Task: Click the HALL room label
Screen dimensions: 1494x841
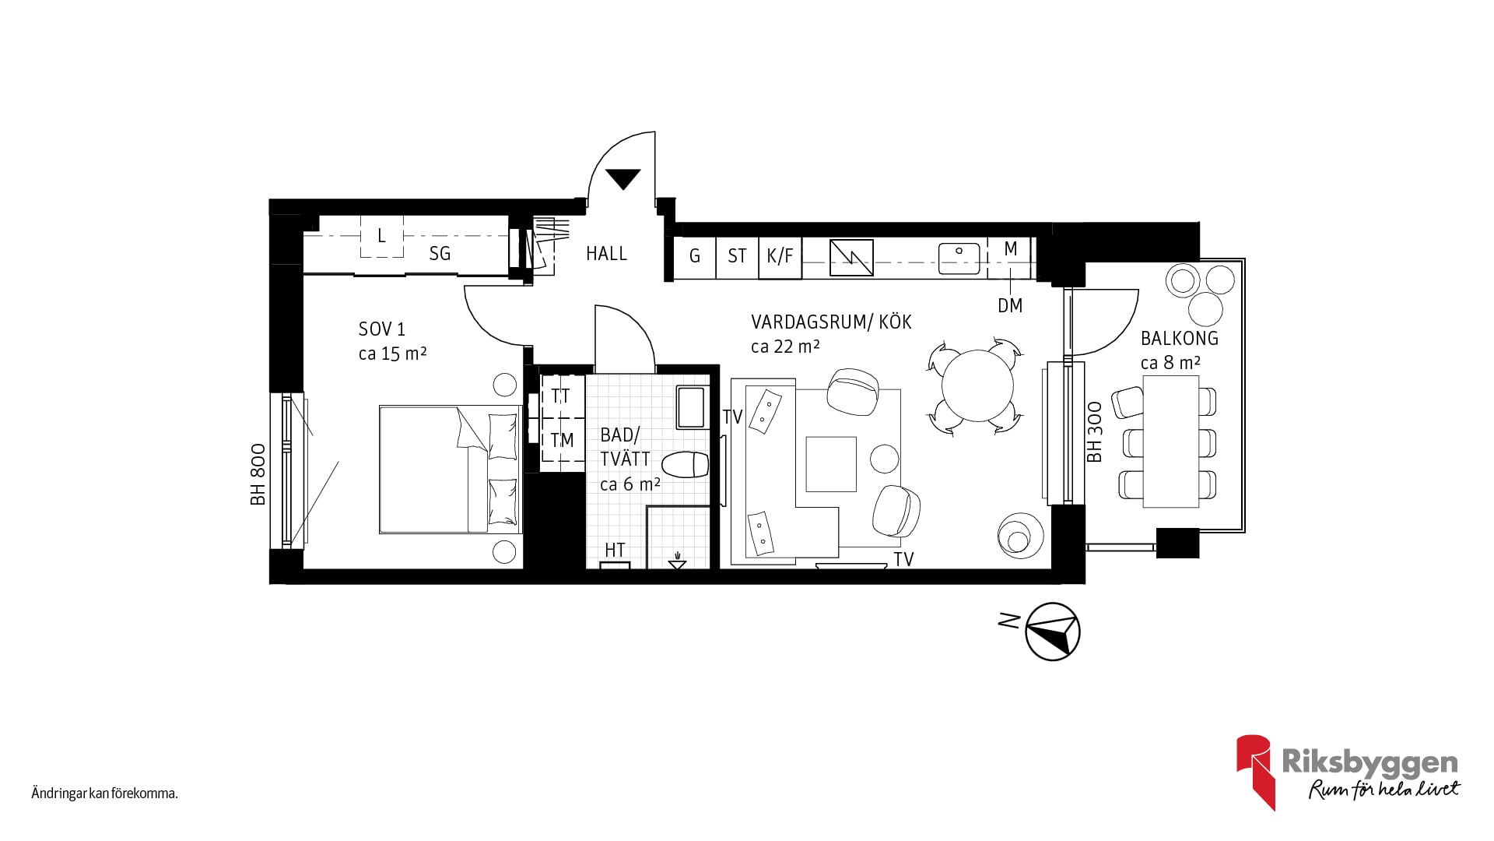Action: tap(606, 254)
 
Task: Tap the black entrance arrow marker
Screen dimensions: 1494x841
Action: tap(623, 179)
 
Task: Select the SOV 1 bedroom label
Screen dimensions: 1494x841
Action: tap(382, 329)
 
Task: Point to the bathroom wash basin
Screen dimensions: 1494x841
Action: tap(690, 407)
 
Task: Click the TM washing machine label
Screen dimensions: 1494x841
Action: tap(562, 441)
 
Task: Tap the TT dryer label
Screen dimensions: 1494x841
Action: tap(560, 396)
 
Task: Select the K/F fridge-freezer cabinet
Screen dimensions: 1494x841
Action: tap(780, 256)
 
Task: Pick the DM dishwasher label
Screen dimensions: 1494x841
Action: tap(1010, 306)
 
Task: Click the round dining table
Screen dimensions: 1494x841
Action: tap(977, 385)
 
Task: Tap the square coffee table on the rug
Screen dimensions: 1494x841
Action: tap(831, 464)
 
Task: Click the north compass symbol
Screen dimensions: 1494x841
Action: tap(1053, 632)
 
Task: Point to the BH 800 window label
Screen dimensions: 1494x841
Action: tap(258, 474)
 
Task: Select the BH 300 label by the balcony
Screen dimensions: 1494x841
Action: tap(1095, 432)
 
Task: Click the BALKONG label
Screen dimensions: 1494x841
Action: tap(1180, 338)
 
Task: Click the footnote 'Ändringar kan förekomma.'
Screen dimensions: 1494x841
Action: tap(105, 794)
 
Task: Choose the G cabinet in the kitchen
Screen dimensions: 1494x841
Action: tap(695, 256)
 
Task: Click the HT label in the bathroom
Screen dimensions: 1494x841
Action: tap(615, 550)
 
